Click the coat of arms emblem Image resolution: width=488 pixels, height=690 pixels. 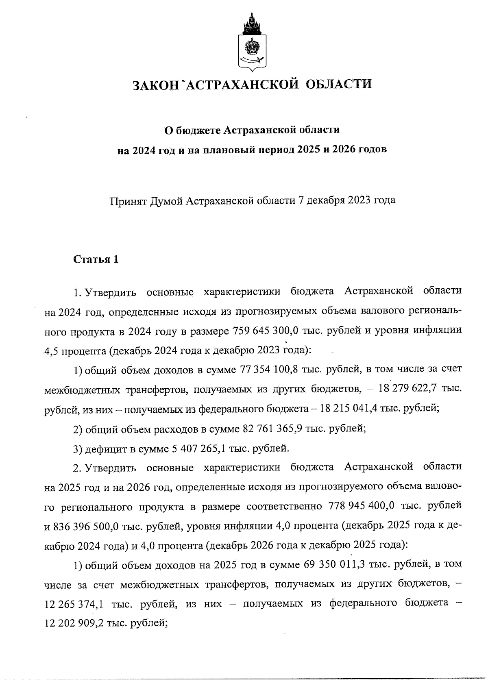click(251, 42)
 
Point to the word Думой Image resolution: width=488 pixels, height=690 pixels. click(166, 200)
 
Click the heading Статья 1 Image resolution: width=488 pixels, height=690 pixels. click(96, 259)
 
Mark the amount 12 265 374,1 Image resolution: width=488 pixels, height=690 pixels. click(73, 604)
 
